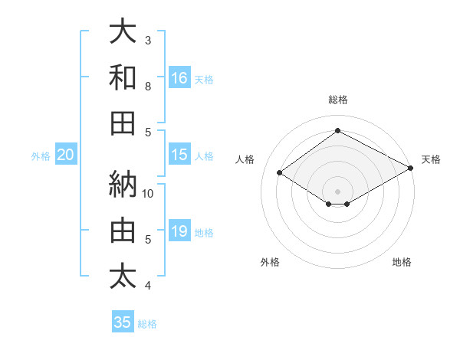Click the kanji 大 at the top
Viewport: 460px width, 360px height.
click(123, 31)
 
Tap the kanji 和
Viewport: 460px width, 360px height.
click(123, 77)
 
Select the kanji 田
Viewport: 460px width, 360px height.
click(123, 123)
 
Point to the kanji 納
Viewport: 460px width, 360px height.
click(123, 184)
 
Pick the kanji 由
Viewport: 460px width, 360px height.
click(123, 230)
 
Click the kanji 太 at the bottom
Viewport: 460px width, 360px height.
click(123, 277)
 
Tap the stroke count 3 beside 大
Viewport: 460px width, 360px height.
click(148, 40)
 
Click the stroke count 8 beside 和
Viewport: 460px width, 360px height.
click(148, 86)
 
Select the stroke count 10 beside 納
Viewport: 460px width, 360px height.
click(148, 193)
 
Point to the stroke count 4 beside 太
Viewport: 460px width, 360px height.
click(148, 286)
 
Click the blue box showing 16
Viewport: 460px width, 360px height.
click(179, 77)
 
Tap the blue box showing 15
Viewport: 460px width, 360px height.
click(179, 155)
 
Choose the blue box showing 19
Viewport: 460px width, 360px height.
click(179, 231)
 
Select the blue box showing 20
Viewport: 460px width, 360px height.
click(65, 155)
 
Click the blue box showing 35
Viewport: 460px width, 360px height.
click(123, 322)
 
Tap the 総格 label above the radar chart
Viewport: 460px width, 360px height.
click(337, 100)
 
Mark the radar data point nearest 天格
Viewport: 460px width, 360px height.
click(411, 169)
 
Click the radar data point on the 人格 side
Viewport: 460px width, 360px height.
click(280, 173)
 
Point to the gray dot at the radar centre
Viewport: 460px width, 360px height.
click(337, 190)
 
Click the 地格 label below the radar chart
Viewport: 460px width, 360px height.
click(402, 262)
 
